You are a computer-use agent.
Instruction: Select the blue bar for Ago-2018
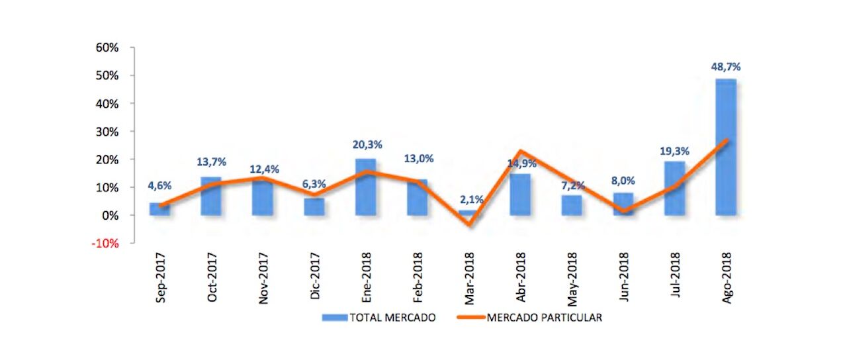click(x=725, y=147)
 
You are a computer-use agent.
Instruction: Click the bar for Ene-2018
click(x=365, y=187)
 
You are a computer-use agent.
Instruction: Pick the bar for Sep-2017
click(x=159, y=209)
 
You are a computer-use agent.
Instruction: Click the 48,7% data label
click(x=725, y=67)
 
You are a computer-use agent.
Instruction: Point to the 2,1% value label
click(x=468, y=199)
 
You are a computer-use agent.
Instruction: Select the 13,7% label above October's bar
click(x=211, y=162)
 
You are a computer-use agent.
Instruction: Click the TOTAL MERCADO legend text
click(x=393, y=318)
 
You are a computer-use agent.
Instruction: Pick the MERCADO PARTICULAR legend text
click(x=544, y=318)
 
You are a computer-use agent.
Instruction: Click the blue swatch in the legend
click(x=335, y=318)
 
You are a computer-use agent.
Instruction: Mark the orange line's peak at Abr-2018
click(x=521, y=152)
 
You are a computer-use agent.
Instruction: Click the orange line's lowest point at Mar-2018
click(x=469, y=224)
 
